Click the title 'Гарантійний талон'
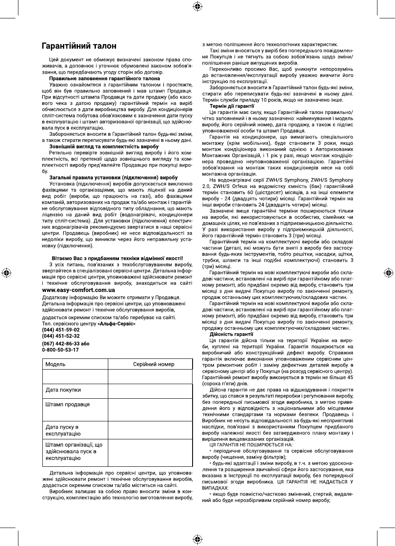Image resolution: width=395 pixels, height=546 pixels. point(79,45)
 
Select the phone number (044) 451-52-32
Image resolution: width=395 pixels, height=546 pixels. point(61,336)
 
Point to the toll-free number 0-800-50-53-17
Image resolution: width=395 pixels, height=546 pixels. point(60,350)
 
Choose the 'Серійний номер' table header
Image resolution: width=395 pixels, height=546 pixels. point(154,364)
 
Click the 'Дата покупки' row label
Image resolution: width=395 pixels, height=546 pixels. point(63,390)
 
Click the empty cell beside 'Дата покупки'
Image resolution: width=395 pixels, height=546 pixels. point(150,390)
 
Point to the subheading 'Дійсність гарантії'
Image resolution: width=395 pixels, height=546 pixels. point(231,333)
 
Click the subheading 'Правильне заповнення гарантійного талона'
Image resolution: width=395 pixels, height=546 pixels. point(104,78)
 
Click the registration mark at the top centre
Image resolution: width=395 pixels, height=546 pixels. point(197,6)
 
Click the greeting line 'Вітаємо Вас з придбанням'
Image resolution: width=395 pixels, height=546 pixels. point(117,258)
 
